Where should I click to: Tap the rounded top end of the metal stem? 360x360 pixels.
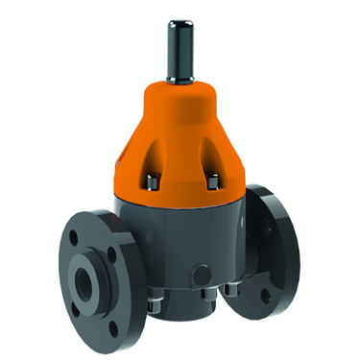tap(178, 16)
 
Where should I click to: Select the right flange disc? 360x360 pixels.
tap(278, 245)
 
